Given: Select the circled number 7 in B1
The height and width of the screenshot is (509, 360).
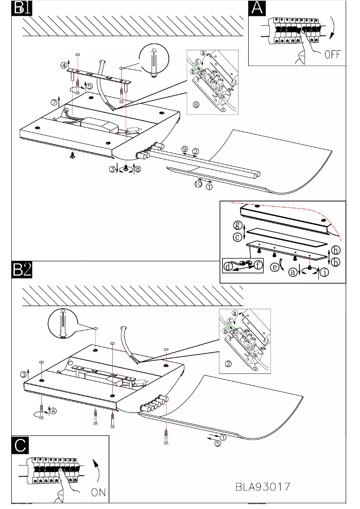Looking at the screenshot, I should pos(54,102).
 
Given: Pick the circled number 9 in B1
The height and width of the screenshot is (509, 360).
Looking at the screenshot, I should pos(184,149).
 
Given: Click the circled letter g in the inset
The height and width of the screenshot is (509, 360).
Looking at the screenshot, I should pos(238,224).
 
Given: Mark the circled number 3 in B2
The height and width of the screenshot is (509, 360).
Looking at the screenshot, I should pos(22,374).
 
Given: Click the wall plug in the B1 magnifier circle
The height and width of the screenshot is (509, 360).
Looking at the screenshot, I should pos(154,61).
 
